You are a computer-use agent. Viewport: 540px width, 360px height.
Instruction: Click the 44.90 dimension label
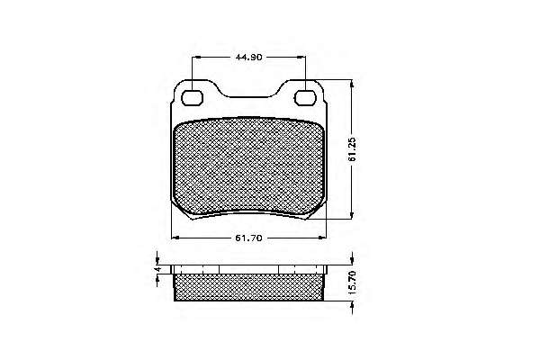[x=248, y=58]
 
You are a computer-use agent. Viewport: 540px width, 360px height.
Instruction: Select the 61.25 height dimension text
[x=352, y=149]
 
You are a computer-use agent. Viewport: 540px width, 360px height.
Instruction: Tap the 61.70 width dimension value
[x=248, y=238]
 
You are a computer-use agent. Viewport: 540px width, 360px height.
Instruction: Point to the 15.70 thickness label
[x=352, y=283]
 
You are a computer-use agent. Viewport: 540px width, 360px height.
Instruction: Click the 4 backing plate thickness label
[x=157, y=269]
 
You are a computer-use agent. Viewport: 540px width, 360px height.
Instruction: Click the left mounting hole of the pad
[x=192, y=98]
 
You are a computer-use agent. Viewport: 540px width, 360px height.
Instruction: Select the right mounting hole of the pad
[x=305, y=98]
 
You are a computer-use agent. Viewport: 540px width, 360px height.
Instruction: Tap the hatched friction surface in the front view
[x=248, y=166]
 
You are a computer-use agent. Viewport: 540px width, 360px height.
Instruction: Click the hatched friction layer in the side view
[x=248, y=287]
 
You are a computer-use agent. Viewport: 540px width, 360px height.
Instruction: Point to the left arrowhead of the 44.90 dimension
[x=195, y=58]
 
